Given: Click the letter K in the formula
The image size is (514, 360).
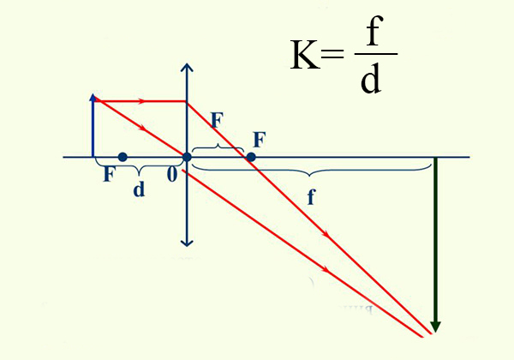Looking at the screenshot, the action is pyautogui.click(x=305, y=54).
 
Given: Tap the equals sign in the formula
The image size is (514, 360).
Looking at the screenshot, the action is pyautogui.click(x=332, y=54).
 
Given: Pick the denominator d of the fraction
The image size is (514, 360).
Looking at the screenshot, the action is pyautogui.click(x=371, y=77).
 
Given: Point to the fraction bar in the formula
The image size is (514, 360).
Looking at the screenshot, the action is pyautogui.click(x=376, y=53).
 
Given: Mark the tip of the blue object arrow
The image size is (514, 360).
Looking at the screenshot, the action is pyautogui.click(x=93, y=94).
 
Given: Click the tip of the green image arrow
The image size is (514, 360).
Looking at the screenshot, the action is pyautogui.click(x=435, y=333).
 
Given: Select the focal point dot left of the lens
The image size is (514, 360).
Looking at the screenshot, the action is pyautogui.click(x=123, y=157).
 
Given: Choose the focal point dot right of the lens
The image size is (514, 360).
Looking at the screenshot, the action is pyautogui.click(x=251, y=157).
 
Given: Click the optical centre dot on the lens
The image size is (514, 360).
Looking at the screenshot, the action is pyautogui.click(x=187, y=157).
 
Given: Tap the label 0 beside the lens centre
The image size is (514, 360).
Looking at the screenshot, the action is pyautogui.click(x=172, y=174).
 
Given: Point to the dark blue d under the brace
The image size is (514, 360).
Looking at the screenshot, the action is pyautogui.click(x=139, y=189).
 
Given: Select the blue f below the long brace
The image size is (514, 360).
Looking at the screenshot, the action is pyautogui.click(x=311, y=197).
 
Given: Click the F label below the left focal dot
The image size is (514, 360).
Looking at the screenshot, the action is pyautogui.click(x=109, y=174).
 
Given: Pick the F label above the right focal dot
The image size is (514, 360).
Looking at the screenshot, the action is pyautogui.click(x=260, y=140).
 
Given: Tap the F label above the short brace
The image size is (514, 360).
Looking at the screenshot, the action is pyautogui.click(x=218, y=120).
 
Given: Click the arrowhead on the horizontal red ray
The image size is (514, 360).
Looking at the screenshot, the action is pyautogui.click(x=141, y=101).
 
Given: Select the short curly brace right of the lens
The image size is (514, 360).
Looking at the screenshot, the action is pyautogui.click(x=218, y=148).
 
